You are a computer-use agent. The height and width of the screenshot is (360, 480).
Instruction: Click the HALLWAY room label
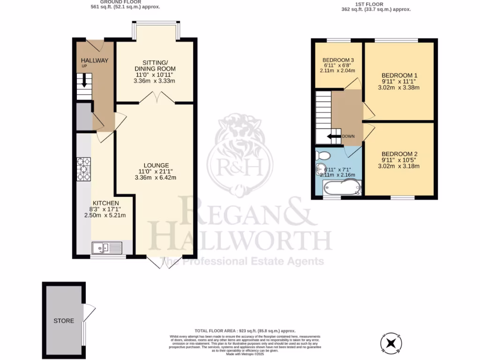pyautogui.click(x=95, y=60)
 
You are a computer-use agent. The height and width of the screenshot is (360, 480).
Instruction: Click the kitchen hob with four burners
pyautogui.click(x=84, y=169)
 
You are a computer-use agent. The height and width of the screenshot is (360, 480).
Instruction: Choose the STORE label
pyautogui.click(x=64, y=321)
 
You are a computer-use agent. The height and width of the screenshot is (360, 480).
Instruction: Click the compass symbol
pyautogui.click(x=392, y=343)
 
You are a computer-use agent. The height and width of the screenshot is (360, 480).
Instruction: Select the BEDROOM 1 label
pyautogui.click(x=399, y=75)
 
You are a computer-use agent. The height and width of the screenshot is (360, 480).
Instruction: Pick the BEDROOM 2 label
pyautogui.click(x=399, y=154)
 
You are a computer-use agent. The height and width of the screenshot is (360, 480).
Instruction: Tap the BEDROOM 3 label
pyautogui.click(x=337, y=60)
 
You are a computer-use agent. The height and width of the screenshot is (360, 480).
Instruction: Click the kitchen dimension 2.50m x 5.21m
pyautogui.click(x=105, y=215)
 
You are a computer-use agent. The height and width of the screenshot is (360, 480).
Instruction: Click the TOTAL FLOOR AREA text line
pyautogui.click(x=244, y=331)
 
